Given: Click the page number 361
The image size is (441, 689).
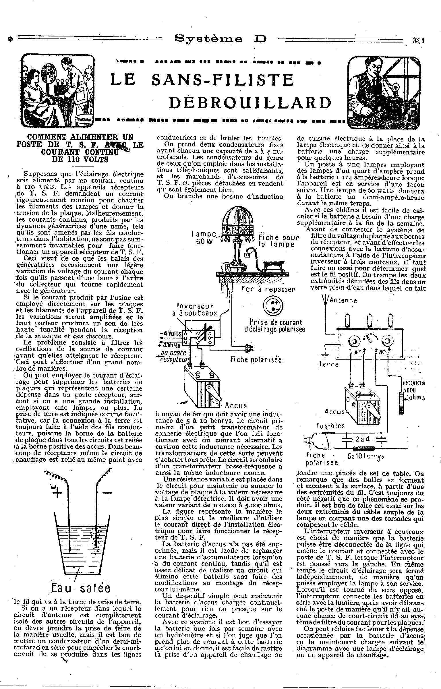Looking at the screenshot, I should click(418, 40).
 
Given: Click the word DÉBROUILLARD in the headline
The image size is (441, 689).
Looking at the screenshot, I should click(249, 102).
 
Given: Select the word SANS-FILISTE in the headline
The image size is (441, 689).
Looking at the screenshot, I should click(223, 80).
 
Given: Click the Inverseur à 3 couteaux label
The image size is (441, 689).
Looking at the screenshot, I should click(196, 309).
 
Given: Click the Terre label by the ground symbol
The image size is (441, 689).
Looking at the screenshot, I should click(329, 365).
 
